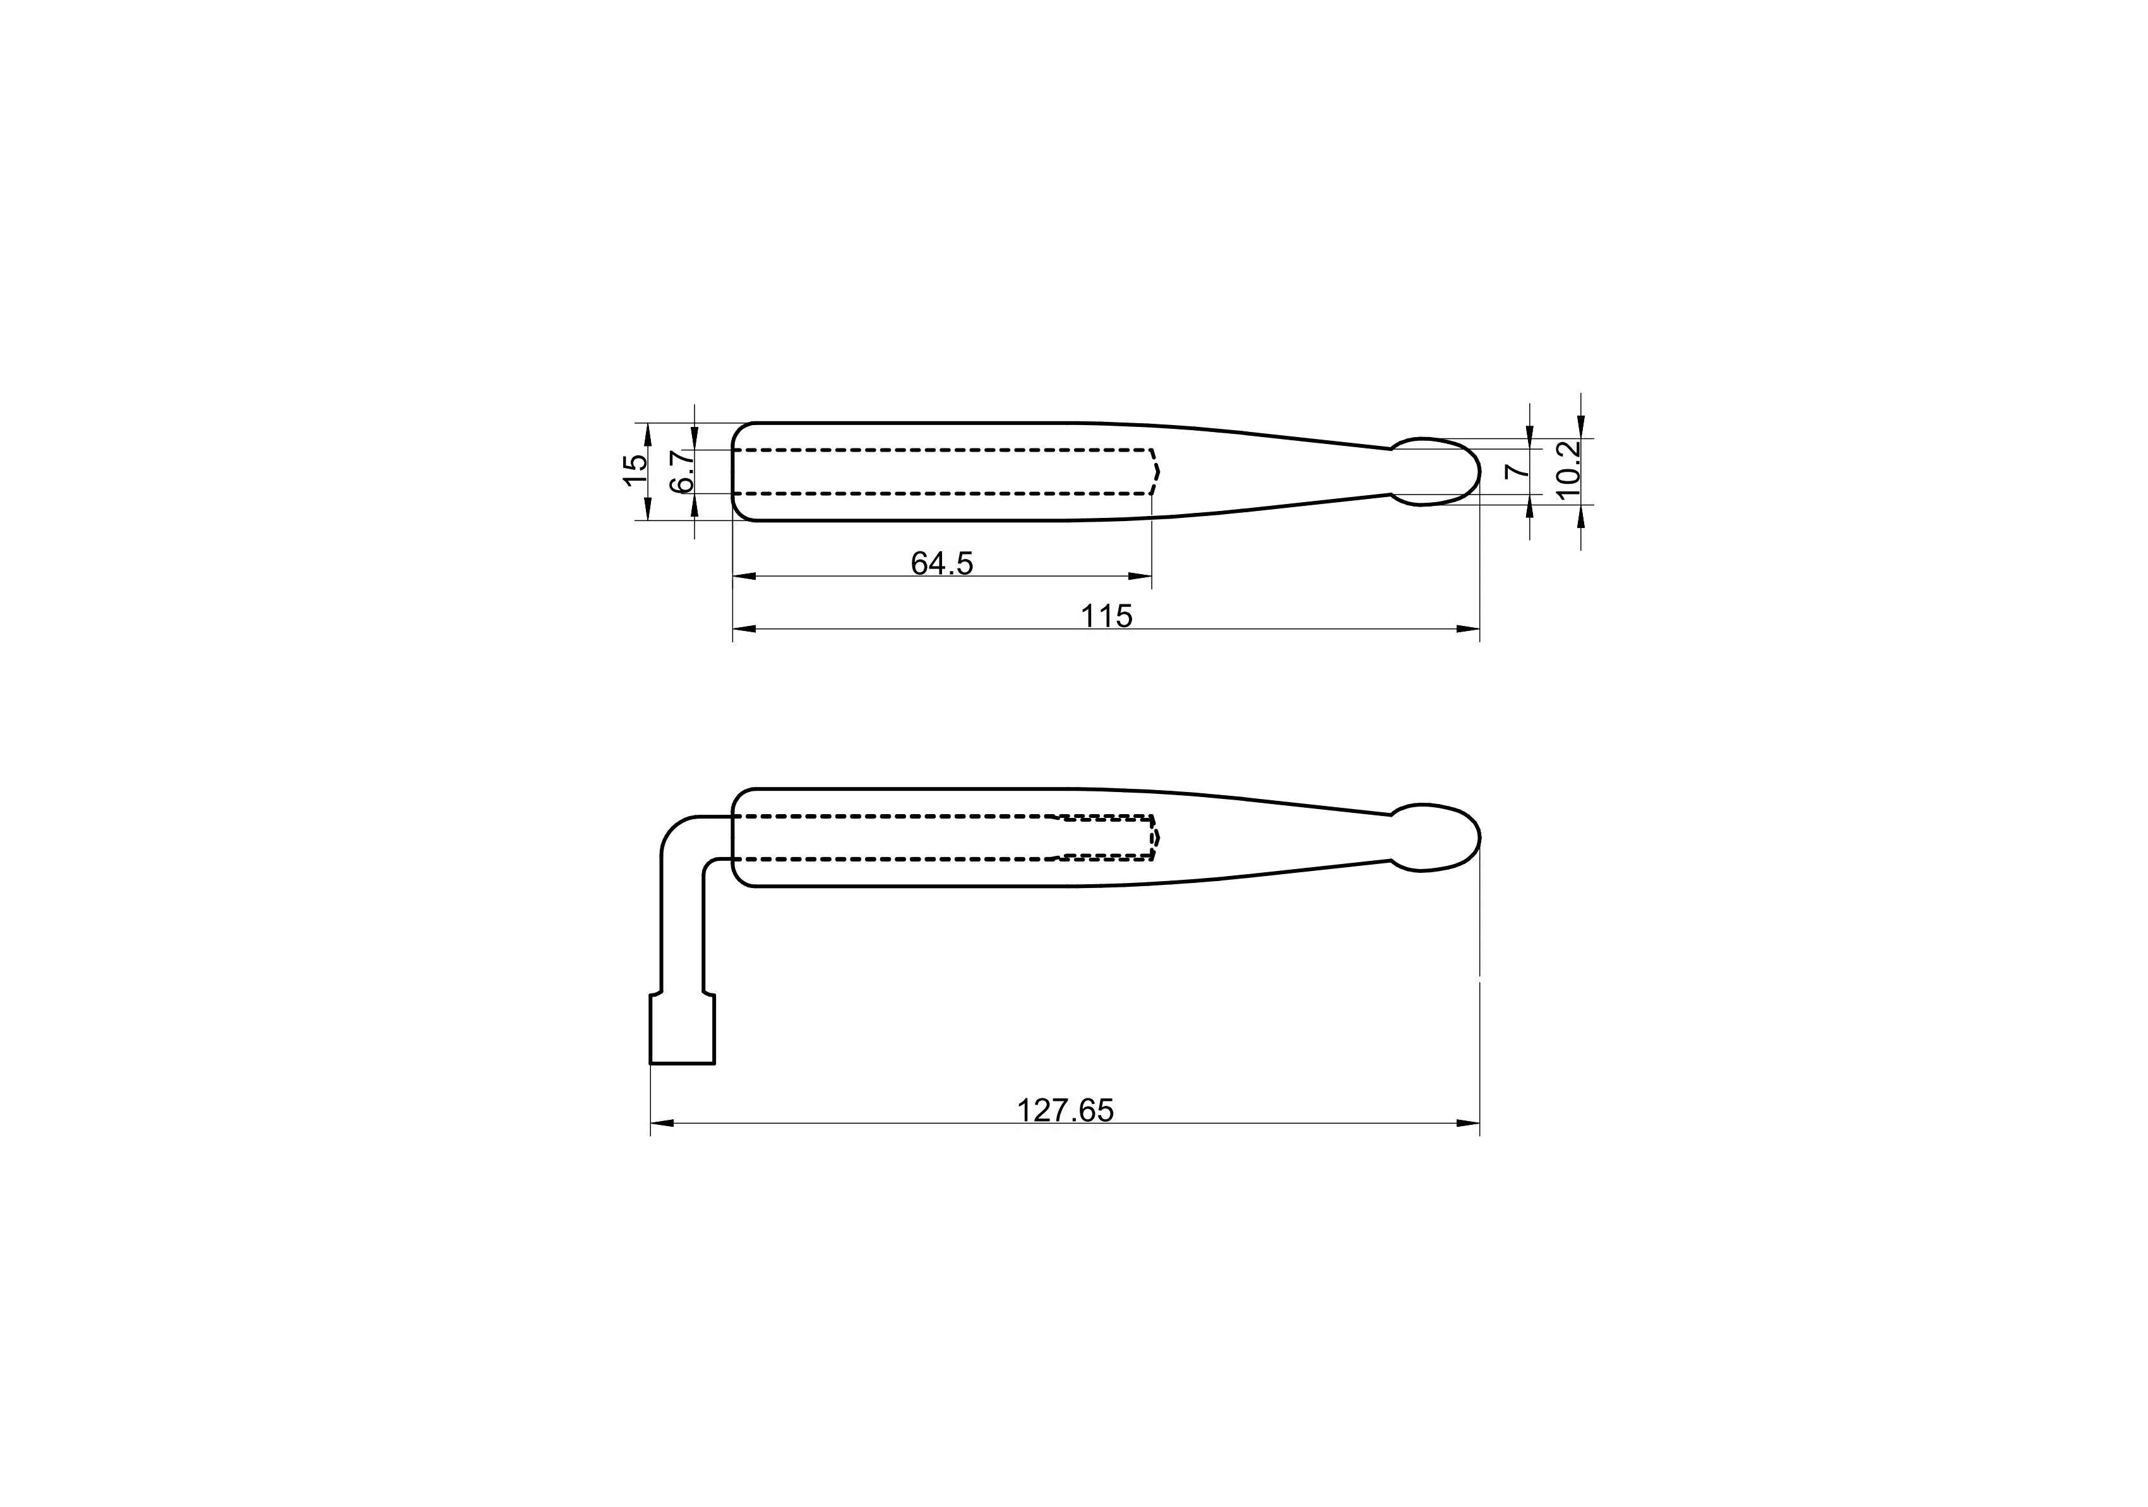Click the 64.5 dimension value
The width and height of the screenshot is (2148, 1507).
pos(942,563)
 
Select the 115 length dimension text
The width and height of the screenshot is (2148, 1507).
pos(1107,616)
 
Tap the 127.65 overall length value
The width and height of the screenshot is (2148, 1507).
pos(1066,1110)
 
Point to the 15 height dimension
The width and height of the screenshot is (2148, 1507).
pos(635,469)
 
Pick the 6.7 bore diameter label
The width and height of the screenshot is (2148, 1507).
pos(682,471)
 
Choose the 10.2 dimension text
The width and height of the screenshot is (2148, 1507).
pos(1567,469)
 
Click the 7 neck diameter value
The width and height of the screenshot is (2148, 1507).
pos(1517,471)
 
